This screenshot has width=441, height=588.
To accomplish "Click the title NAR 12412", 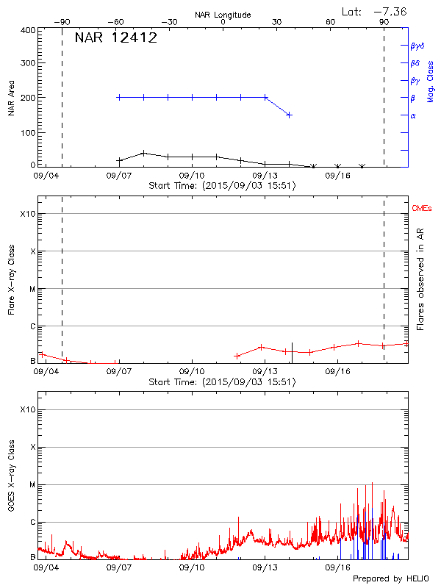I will click(115, 37).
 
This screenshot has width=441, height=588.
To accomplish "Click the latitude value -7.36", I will click(390, 11).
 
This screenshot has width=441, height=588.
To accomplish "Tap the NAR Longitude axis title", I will click(223, 14).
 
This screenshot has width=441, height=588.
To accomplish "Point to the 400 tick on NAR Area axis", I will click(27, 30).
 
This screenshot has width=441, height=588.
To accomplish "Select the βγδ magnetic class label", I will click(416, 46).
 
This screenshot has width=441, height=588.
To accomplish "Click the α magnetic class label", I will click(413, 115).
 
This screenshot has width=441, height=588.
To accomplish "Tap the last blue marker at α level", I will click(290, 115).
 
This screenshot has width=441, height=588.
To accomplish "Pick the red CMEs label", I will click(423, 209).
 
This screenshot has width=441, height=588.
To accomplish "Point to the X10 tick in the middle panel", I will click(27, 214).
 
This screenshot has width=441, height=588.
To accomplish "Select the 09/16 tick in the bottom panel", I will click(337, 567).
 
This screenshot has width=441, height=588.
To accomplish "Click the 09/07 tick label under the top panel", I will click(119, 176).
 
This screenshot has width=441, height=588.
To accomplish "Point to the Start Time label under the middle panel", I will click(222, 381).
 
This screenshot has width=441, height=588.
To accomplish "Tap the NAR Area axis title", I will click(11, 98).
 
